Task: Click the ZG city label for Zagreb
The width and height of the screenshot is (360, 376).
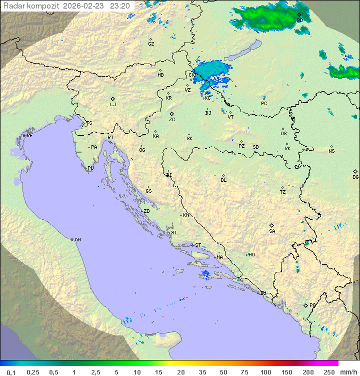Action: [172, 120]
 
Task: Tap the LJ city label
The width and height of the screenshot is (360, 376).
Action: [113, 105]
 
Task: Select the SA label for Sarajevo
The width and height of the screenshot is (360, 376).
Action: [272, 231]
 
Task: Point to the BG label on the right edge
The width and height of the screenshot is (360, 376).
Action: [355, 177]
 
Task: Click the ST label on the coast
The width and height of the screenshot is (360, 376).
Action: [198, 245]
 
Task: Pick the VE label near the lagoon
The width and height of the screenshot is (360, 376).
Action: [29, 136]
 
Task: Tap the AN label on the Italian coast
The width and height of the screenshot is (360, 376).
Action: [77, 240]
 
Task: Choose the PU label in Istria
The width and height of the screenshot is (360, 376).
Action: [90, 168]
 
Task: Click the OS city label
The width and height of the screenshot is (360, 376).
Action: [283, 134]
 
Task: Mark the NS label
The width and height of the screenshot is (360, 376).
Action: [331, 151]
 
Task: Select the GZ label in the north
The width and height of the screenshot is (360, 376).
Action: [151, 44]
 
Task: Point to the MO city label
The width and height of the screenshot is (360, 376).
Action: [251, 254]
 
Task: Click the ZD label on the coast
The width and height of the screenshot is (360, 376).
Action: [146, 211]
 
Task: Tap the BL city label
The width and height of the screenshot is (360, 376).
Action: [223, 180]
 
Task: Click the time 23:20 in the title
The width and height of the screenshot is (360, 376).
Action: [120, 6]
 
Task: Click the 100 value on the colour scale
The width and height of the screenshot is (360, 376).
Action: [266, 372]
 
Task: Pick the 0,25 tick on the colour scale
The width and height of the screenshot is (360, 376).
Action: [33, 372]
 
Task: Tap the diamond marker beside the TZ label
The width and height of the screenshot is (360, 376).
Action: [282, 187]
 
